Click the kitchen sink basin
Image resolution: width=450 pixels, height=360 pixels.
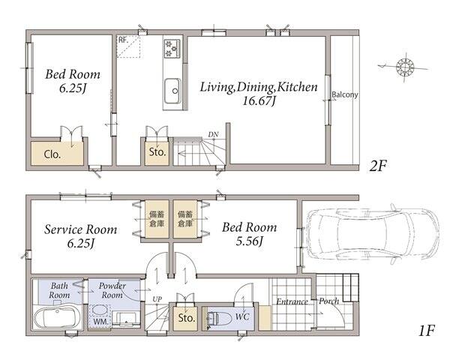pos(172,91)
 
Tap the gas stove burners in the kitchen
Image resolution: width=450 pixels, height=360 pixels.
pos(172,48)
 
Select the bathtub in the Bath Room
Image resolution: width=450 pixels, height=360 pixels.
pos(56,317)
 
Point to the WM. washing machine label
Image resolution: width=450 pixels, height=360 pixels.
pos(100,322)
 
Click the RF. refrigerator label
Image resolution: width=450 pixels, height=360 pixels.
pos(123,40)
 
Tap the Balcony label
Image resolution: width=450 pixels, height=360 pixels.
pos(345,94)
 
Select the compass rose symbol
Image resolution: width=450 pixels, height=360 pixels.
pos(405,67)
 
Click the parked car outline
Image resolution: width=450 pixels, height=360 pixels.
pos(372,234)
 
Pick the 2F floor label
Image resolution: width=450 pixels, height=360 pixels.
pos(378,166)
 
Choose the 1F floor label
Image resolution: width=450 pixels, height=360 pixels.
pos(427,330)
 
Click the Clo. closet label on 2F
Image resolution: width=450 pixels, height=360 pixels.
pos(52,154)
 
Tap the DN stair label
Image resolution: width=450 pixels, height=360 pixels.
pos(213,134)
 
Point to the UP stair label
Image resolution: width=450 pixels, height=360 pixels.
pos(157,299)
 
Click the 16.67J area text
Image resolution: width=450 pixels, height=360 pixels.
pos(259,100)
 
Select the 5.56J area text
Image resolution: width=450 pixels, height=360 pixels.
pos(249,241)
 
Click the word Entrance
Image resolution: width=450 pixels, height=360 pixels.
pos(292,301)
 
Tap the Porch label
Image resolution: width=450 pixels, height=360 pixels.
pos(329,301)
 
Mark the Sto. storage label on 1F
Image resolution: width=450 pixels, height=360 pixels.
pos(186,317)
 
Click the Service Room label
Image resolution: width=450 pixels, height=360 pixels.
pos(81,229)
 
